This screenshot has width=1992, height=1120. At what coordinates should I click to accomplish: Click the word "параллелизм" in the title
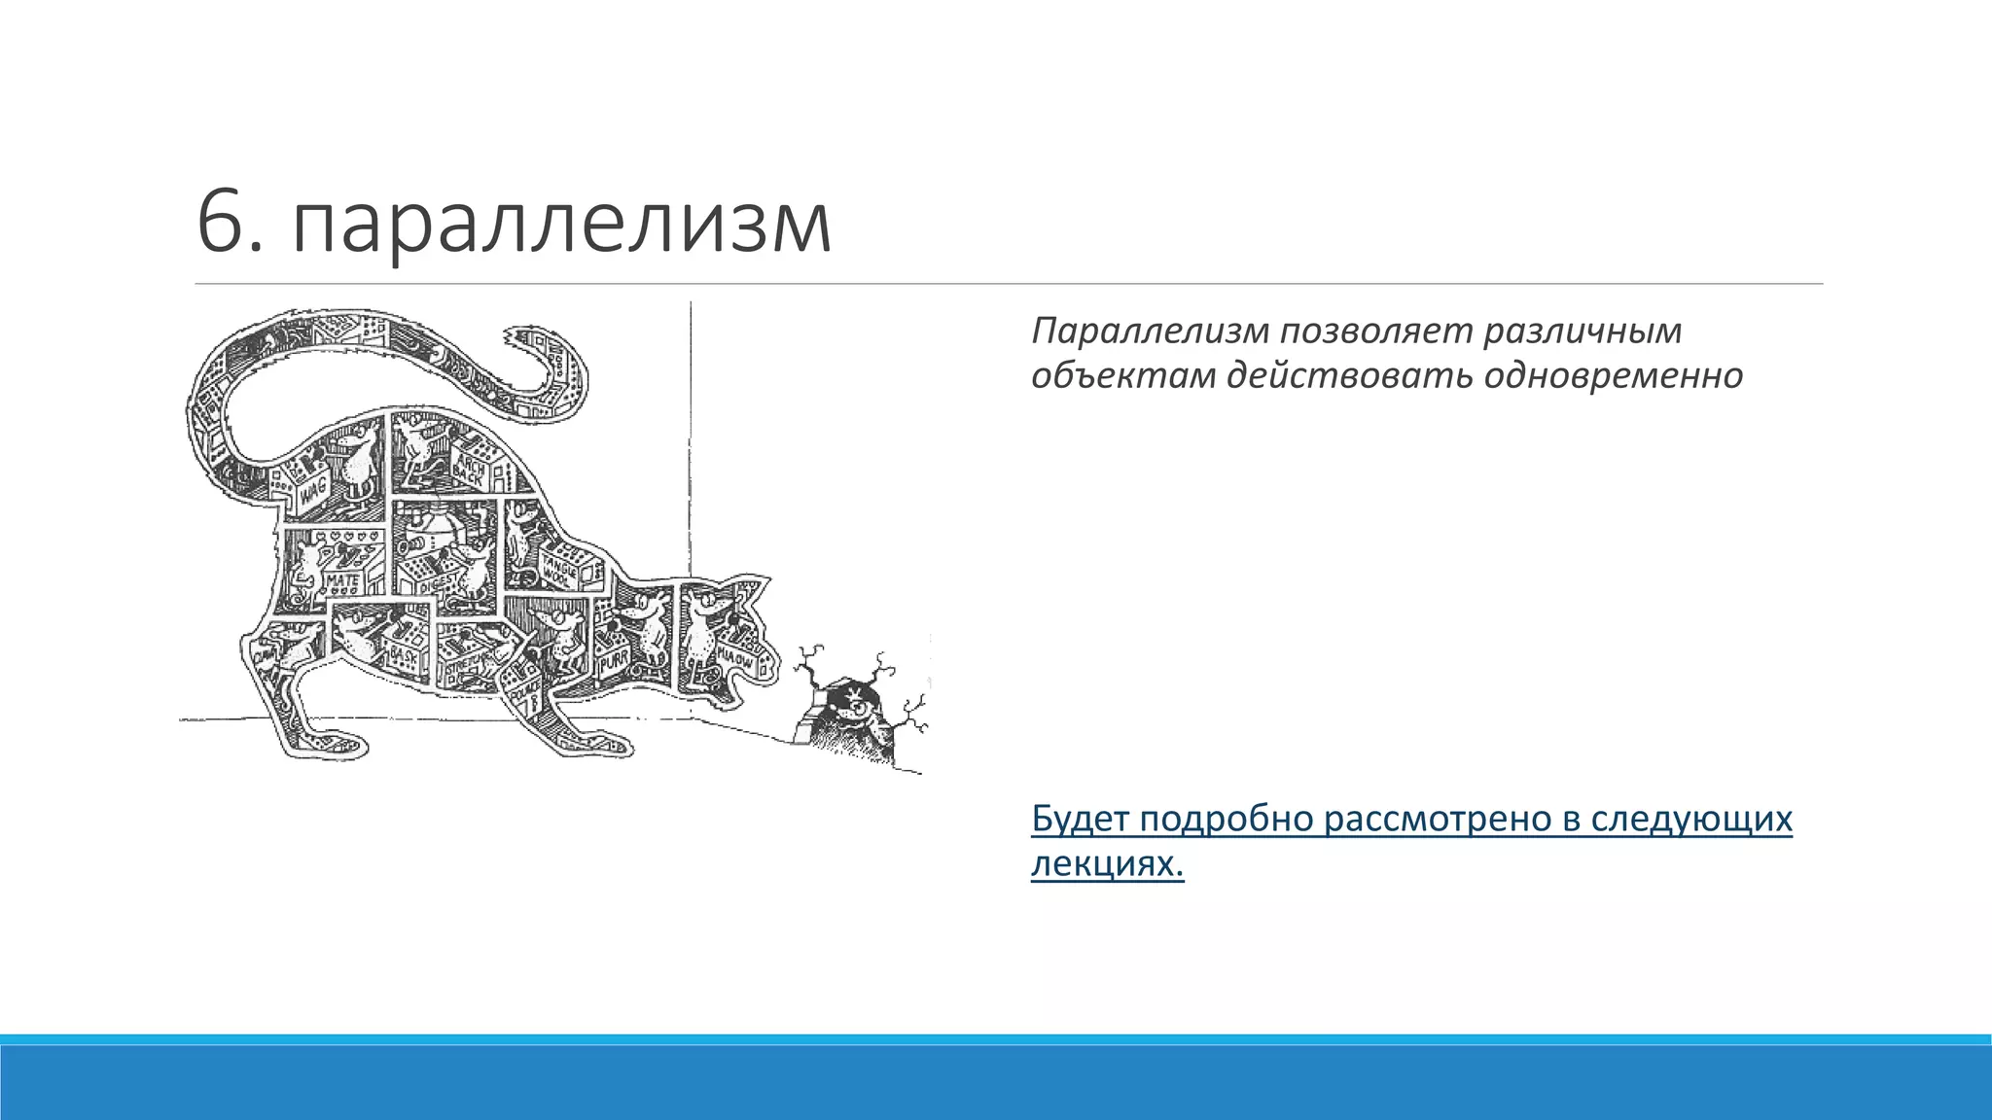(x=561, y=226)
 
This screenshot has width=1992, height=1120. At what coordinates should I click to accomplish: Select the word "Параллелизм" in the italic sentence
(x=1151, y=332)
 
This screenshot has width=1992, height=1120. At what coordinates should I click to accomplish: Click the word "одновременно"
(x=1614, y=376)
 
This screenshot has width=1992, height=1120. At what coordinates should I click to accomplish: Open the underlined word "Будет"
(x=1080, y=819)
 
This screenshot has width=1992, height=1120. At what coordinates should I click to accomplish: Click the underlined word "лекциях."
(x=1107, y=863)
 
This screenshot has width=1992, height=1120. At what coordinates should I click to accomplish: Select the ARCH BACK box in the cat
(x=471, y=470)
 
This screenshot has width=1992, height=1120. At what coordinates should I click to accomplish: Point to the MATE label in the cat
(x=342, y=580)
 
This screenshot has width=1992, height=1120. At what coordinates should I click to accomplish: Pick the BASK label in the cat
(x=403, y=657)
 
